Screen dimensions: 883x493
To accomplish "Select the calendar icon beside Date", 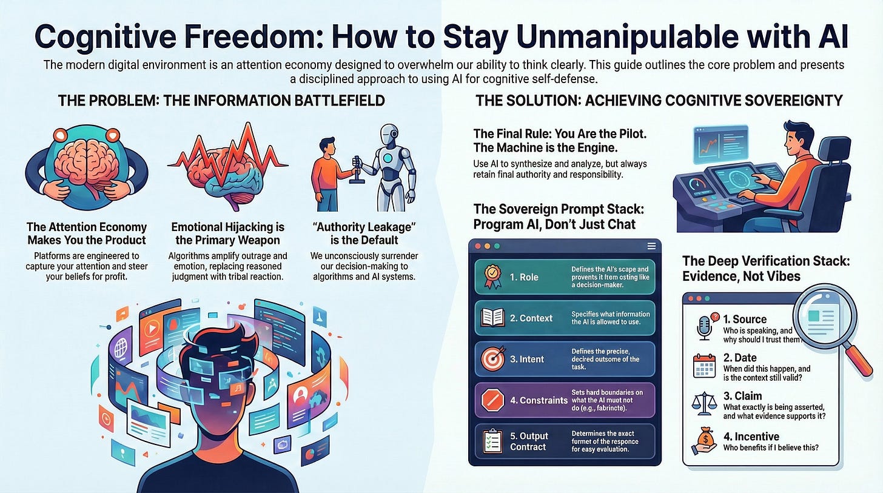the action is point(703,365).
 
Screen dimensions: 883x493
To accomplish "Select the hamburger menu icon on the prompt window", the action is point(651,246).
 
